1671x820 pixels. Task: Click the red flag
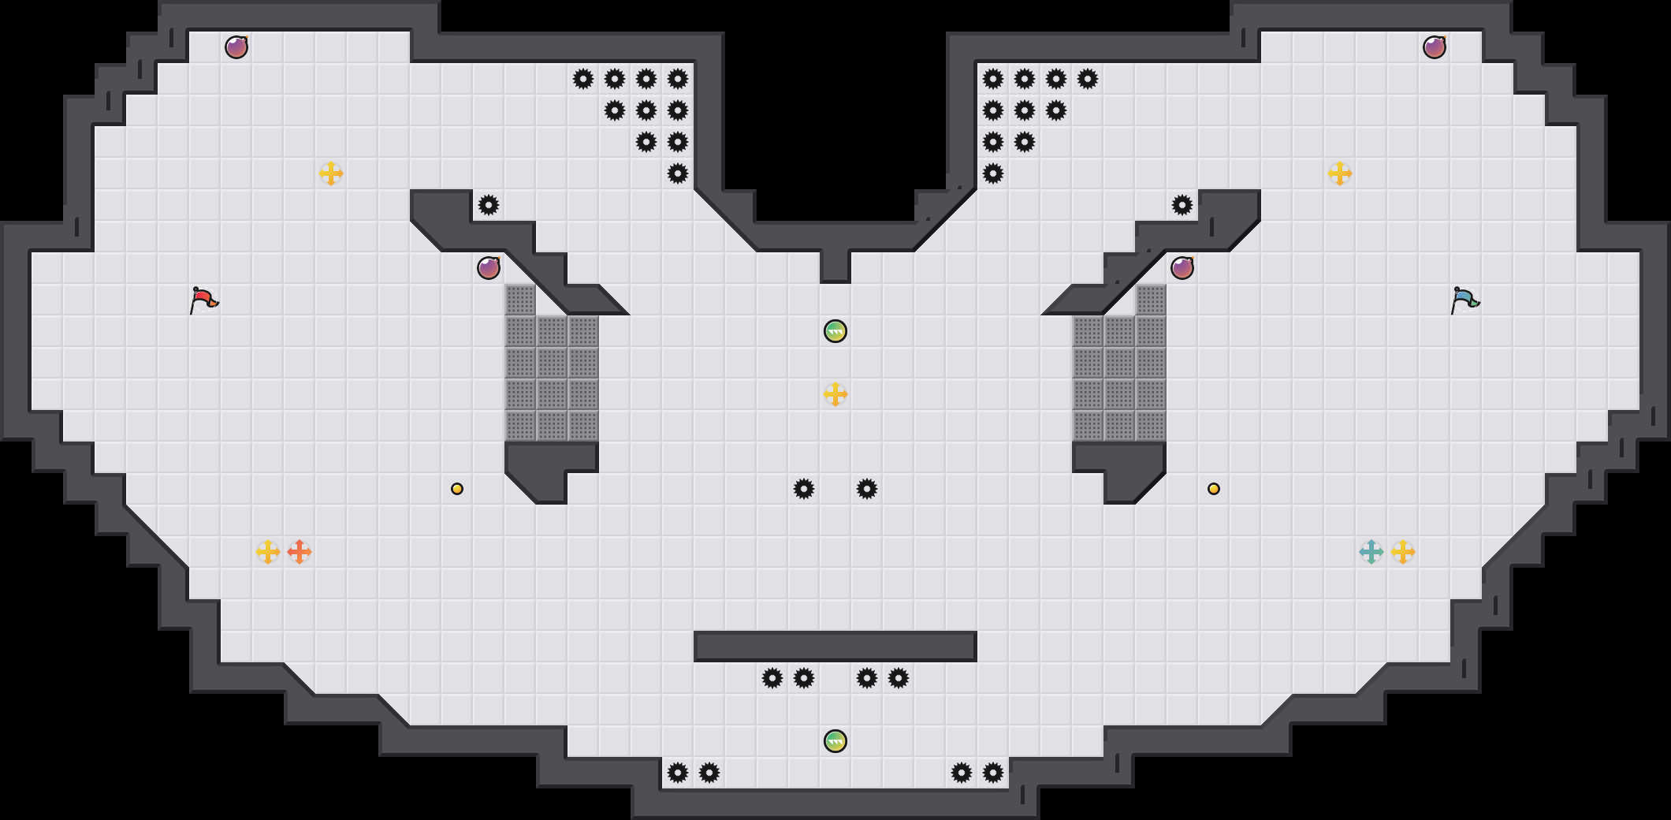pyautogui.click(x=203, y=300)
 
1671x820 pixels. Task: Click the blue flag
pyautogui.click(x=1464, y=300)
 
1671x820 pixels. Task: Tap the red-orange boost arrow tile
pyautogui.click(x=300, y=552)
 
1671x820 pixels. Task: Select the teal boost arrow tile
pyautogui.click(x=1371, y=552)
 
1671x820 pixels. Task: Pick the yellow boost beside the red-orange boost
pyautogui.click(x=268, y=552)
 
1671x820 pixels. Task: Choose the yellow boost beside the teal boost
pyautogui.click(x=1403, y=552)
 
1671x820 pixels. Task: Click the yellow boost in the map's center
pyautogui.click(x=835, y=394)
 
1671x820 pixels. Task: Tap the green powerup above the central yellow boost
pyautogui.click(x=835, y=331)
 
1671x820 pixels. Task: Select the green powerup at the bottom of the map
pyautogui.click(x=835, y=741)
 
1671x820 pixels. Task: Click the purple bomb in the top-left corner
pyautogui.click(x=236, y=47)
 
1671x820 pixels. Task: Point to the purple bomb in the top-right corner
pyautogui.click(x=1435, y=47)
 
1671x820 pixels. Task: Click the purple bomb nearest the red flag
pyautogui.click(x=489, y=268)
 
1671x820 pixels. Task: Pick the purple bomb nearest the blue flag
pyautogui.click(x=1182, y=268)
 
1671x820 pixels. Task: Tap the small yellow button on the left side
pyautogui.click(x=457, y=489)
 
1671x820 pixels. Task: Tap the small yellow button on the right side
pyautogui.click(x=1214, y=489)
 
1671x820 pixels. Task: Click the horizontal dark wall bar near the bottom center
pyautogui.click(x=835, y=647)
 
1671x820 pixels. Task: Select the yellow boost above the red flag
pyautogui.click(x=331, y=173)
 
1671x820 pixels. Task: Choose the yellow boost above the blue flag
pyautogui.click(x=1340, y=173)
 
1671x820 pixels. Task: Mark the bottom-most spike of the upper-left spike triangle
pyautogui.click(x=678, y=173)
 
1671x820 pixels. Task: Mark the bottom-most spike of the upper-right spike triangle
pyautogui.click(x=993, y=173)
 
